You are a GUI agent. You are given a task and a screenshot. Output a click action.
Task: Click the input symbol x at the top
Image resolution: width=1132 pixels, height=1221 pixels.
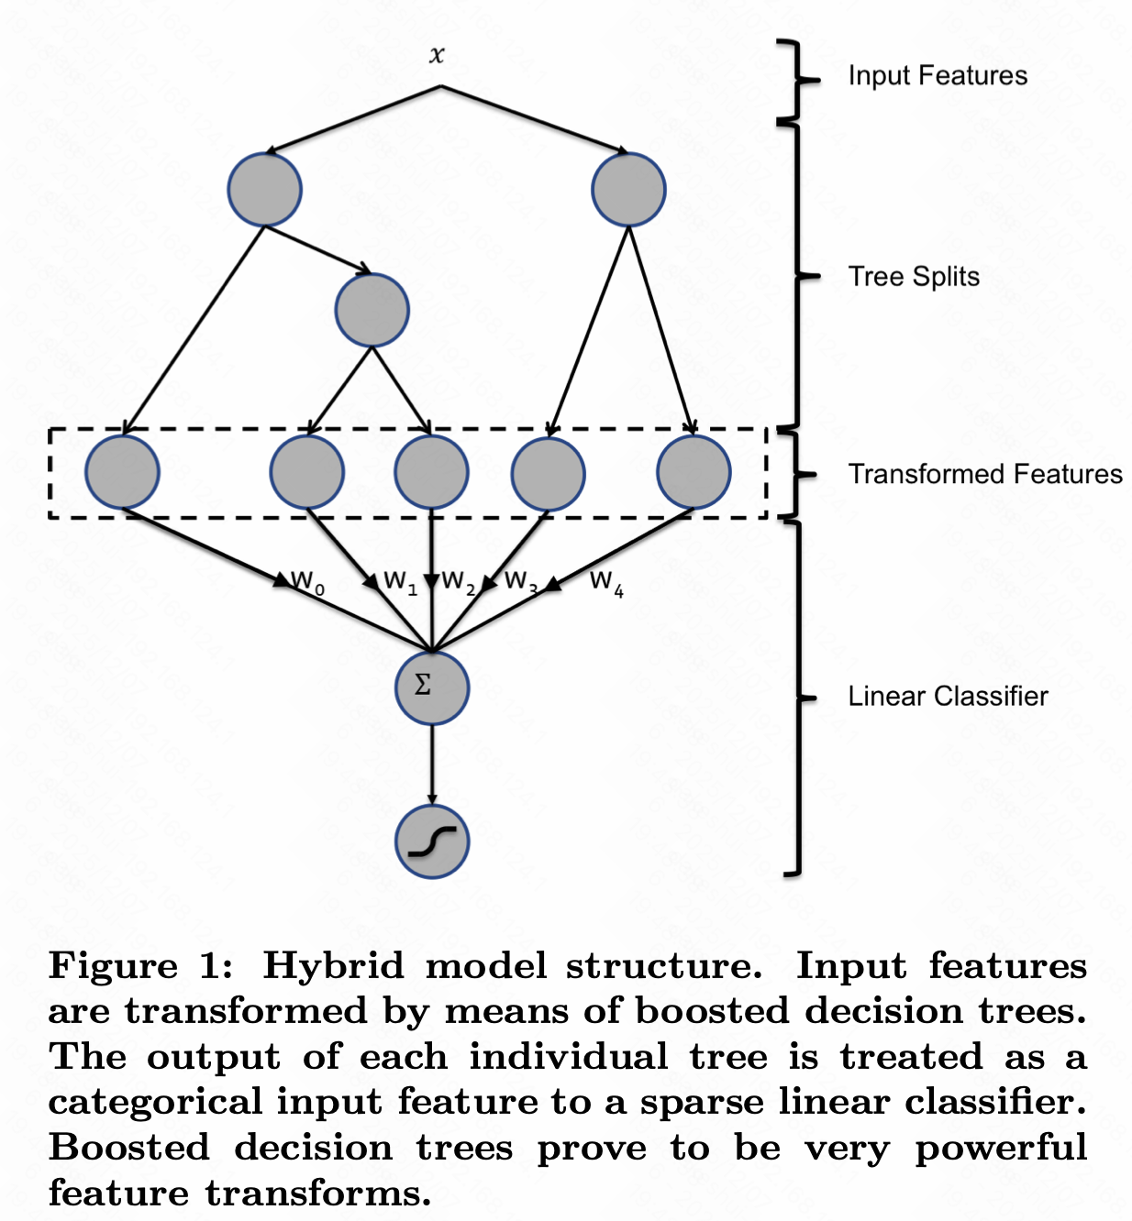click(437, 55)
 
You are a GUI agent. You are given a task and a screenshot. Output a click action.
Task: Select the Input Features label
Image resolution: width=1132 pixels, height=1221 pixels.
click(937, 75)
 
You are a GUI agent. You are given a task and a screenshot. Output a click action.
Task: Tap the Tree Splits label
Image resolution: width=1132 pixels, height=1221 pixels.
click(913, 276)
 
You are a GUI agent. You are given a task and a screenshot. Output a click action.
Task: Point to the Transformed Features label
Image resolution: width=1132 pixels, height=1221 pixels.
click(984, 474)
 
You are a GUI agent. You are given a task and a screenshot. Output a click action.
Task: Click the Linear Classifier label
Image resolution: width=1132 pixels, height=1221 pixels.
click(947, 696)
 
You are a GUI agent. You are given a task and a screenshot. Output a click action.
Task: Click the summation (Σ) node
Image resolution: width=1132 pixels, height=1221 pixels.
click(432, 687)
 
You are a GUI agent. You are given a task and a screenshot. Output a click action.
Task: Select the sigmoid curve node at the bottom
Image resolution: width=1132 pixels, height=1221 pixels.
click(432, 841)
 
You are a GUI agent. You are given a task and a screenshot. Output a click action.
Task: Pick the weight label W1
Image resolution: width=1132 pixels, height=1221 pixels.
click(400, 582)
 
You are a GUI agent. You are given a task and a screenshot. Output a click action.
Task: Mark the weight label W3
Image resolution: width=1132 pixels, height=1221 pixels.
click(520, 582)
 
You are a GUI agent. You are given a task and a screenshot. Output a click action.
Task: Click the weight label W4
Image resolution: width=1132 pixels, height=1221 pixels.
click(606, 582)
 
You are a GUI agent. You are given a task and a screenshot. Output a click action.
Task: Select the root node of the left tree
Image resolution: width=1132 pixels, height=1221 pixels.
click(265, 190)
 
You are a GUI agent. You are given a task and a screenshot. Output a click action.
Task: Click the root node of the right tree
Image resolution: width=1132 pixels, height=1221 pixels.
click(628, 190)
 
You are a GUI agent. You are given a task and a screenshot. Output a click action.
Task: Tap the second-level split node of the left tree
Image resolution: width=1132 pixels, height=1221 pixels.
click(372, 310)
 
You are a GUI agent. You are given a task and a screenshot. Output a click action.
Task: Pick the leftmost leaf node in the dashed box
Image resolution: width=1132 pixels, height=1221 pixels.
click(122, 472)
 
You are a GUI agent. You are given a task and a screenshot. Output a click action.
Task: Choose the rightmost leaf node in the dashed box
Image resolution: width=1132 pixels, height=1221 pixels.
click(694, 472)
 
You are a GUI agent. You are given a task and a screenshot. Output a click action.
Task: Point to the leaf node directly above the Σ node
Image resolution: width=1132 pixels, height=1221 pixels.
click(431, 472)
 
